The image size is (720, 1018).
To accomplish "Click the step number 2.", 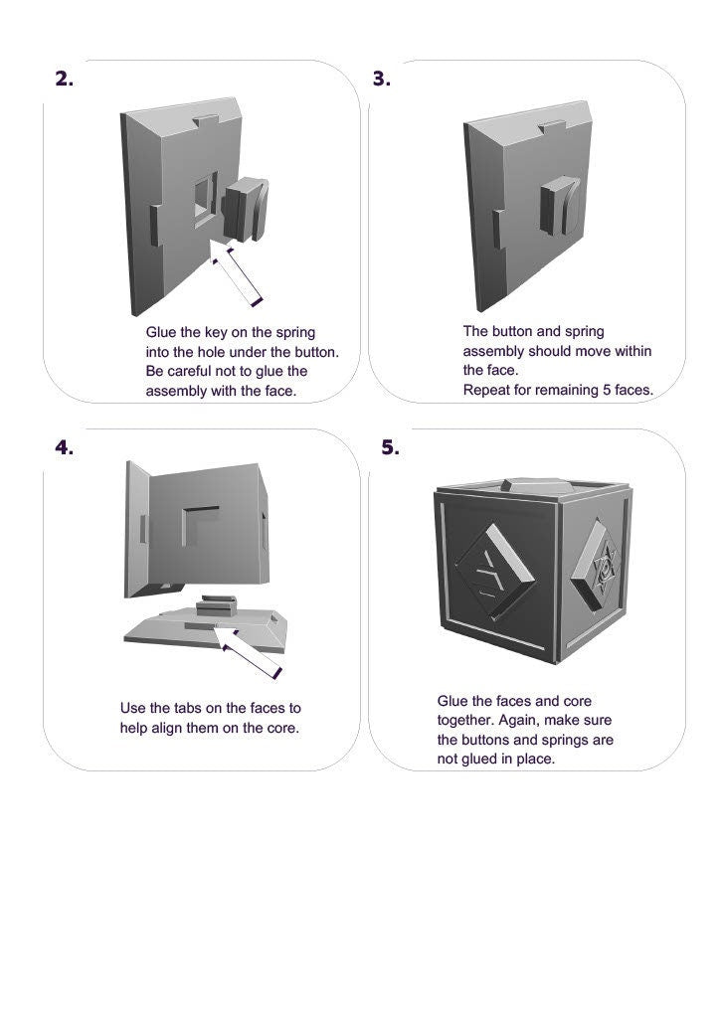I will coord(64,80).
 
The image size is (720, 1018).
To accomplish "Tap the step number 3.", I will coord(382,80).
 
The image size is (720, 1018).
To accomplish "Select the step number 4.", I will coord(64,447).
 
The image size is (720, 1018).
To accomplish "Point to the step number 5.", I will coord(390,447).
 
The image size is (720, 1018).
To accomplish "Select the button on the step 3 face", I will coord(557,207).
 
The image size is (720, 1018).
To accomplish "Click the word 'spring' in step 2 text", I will coord(294,332).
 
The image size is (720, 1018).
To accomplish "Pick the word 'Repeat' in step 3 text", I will coord(486,391).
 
